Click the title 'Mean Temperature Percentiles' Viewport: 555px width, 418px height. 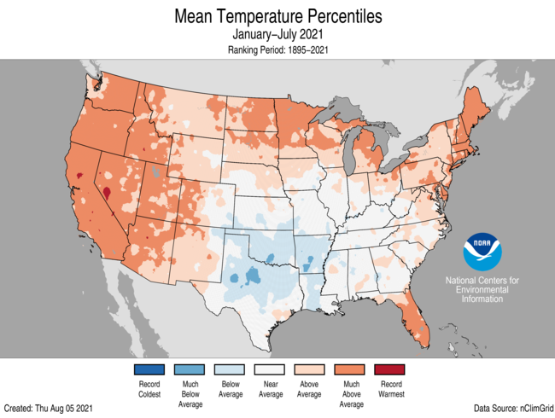pyautogui.click(x=277, y=16)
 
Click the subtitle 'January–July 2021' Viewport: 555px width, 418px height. pyautogui.click(x=277, y=35)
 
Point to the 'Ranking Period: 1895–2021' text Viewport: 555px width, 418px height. pyautogui.click(x=277, y=50)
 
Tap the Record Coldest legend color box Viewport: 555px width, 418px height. pyautogui.click(x=149, y=369)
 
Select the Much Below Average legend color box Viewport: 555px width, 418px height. pyautogui.click(x=192, y=369)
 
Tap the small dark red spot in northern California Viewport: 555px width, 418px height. pyautogui.click(x=79, y=176)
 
